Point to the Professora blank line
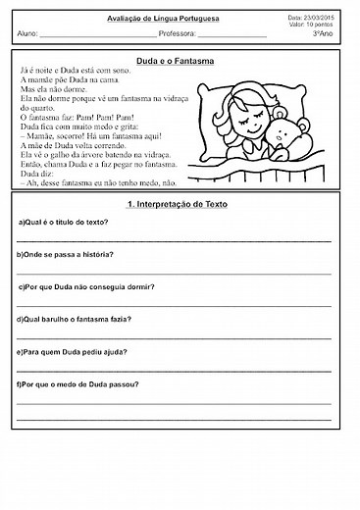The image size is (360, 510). [232, 35]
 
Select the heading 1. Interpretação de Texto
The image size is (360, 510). [180, 206]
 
